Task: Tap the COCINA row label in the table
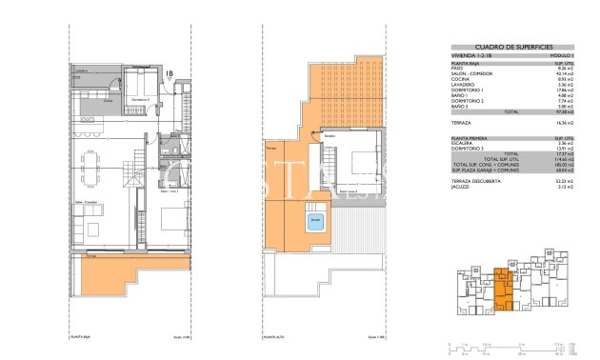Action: coord(459,79)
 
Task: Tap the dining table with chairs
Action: coord(93,171)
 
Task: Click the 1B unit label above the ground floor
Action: coord(168,72)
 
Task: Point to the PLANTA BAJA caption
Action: coord(79,336)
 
